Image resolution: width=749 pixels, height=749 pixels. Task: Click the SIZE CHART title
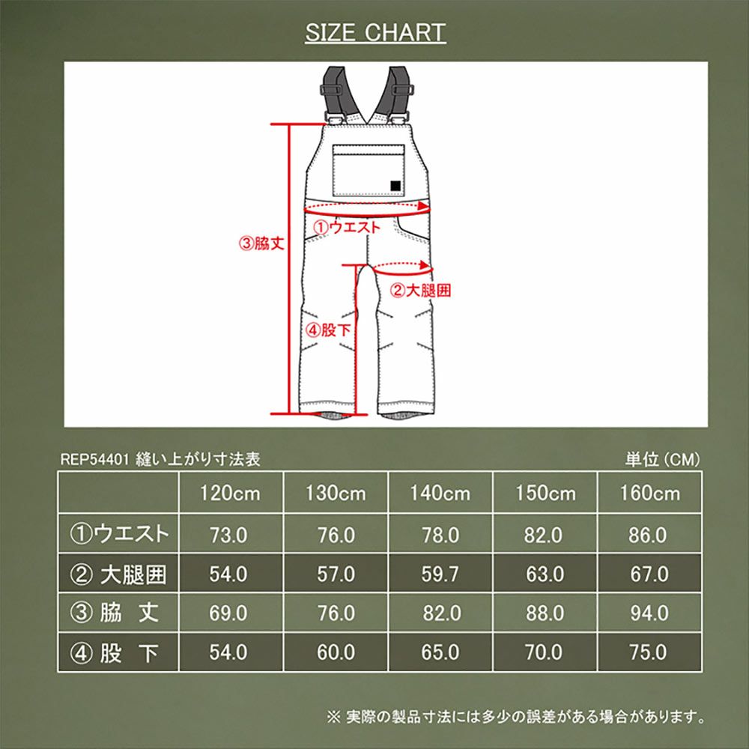(375, 33)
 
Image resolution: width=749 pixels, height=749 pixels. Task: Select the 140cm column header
(440, 493)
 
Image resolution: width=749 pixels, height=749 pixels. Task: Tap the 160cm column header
(649, 493)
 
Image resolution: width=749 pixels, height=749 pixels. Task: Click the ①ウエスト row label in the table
(119, 534)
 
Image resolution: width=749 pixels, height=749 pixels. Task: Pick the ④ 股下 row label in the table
(119, 652)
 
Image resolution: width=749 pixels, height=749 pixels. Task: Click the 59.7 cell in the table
(440, 574)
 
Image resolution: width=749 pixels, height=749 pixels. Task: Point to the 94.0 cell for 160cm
(649, 613)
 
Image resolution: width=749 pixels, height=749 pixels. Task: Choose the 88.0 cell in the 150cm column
(545, 613)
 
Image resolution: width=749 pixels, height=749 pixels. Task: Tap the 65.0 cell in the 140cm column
(440, 652)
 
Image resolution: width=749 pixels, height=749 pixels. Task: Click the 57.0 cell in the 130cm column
(335, 574)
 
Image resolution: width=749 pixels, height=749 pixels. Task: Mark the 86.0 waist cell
(649, 535)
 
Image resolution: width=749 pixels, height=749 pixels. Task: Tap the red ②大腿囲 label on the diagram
(422, 291)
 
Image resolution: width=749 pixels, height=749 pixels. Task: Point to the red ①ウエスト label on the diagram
(347, 226)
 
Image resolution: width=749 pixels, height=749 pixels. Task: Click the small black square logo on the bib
(395, 186)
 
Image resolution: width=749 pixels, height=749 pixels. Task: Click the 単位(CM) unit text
(663, 460)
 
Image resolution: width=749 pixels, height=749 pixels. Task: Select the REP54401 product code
(93, 460)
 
